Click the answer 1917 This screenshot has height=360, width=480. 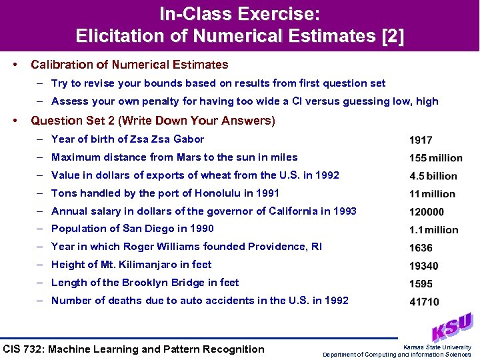tap(421, 140)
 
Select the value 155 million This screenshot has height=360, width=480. tap(435, 158)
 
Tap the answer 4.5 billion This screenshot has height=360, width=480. tap(433, 176)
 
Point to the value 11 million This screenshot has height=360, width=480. tap(432, 194)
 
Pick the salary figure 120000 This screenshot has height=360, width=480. tap(427, 212)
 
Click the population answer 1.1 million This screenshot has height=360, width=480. tap(433, 230)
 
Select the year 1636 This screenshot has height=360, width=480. tap(421, 248)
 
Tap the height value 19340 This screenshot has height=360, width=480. tap(423, 266)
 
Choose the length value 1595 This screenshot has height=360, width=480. tap(421, 284)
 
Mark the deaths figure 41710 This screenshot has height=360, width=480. tap(423, 302)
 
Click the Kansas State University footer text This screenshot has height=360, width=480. tap(437, 347)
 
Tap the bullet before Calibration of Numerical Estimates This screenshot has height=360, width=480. tap(15, 65)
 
